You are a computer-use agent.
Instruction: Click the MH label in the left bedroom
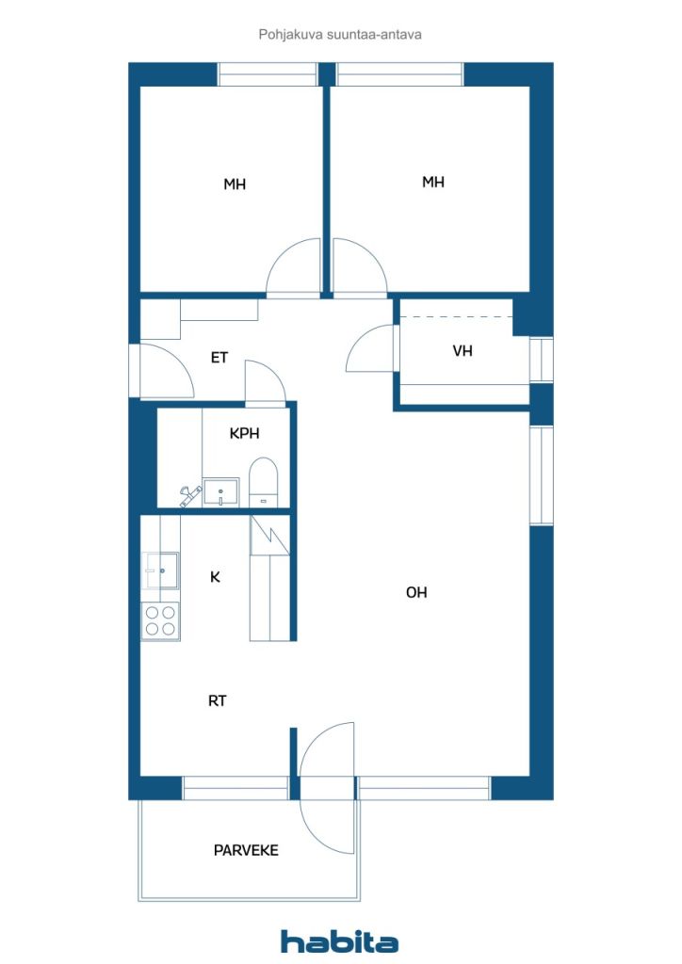pos(235,184)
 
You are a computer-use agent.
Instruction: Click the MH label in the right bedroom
pos(433,182)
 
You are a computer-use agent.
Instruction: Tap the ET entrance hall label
pos(219,357)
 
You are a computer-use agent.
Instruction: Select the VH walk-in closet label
pos(463,350)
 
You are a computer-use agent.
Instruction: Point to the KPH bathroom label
pos(244,433)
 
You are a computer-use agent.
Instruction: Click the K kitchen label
pos(215,577)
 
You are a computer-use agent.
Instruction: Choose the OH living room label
pos(416,592)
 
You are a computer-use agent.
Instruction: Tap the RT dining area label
pos(217,700)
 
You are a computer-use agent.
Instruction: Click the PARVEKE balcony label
pos(246,850)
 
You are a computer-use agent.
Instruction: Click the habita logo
pos(339,941)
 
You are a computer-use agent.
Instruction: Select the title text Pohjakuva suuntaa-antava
pos(340,35)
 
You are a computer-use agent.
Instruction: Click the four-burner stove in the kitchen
pos(160,621)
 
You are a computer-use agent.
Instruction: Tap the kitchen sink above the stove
pos(160,570)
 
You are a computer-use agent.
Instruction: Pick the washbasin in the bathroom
pos(220,492)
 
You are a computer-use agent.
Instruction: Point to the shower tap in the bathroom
pos(190,495)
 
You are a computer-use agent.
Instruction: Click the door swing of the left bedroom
pos(294,265)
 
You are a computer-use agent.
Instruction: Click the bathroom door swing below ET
pos(266,381)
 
